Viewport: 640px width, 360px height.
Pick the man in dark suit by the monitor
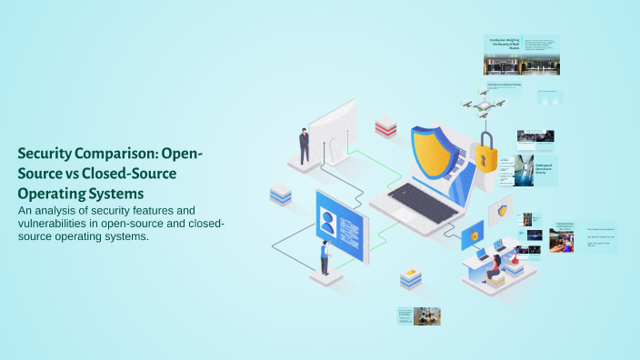point(304,145)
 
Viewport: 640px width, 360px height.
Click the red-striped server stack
point(385,127)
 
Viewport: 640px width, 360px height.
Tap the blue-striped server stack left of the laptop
point(280,194)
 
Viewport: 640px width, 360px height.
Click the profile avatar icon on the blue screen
point(327,219)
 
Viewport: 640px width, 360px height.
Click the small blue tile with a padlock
point(473,237)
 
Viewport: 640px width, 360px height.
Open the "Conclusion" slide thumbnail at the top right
point(520,55)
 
